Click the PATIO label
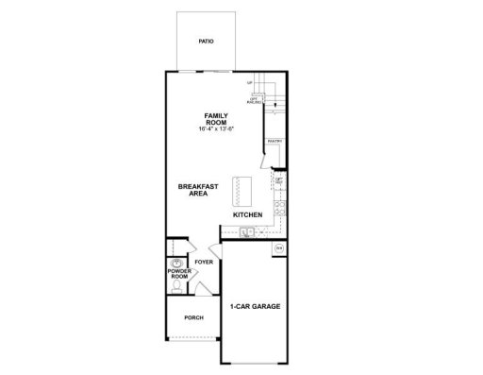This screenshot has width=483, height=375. (x=205, y=43)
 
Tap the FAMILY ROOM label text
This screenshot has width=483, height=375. (x=217, y=119)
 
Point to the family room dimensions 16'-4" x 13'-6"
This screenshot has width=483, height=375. (x=217, y=129)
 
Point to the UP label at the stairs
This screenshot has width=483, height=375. (x=251, y=84)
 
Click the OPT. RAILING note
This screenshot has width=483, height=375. (x=254, y=98)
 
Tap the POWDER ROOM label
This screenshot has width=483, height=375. (x=180, y=275)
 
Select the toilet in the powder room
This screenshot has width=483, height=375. (x=175, y=285)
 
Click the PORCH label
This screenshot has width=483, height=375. (x=194, y=317)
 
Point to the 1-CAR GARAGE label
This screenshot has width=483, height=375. (x=255, y=307)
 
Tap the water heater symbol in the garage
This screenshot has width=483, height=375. (x=278, y=247)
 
